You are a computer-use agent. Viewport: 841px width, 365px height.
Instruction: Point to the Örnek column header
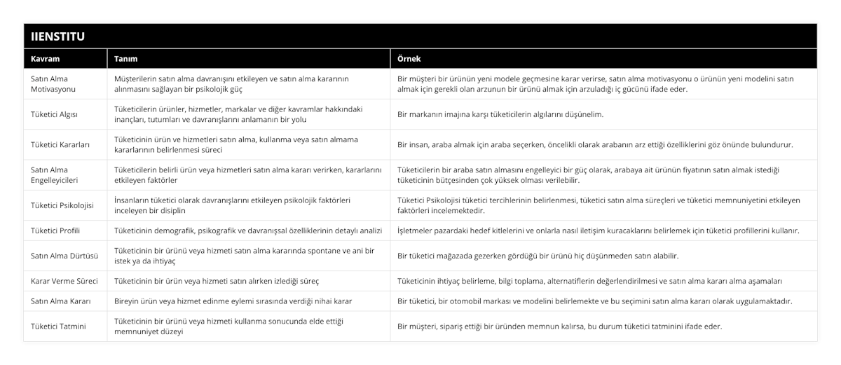(409, 59)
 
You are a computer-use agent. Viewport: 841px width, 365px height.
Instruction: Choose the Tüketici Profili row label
(57, 230)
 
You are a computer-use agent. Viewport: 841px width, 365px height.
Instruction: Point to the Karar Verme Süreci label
(64, 281)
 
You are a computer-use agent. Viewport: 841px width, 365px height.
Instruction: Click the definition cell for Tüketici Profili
(247, 230)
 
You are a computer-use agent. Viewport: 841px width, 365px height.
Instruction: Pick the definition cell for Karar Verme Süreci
(216, 281)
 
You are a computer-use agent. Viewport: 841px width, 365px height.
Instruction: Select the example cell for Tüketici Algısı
(500, 114)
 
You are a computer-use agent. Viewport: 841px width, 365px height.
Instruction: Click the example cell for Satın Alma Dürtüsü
(538, 256)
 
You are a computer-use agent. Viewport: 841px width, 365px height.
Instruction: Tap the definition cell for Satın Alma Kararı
(233, 301)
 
